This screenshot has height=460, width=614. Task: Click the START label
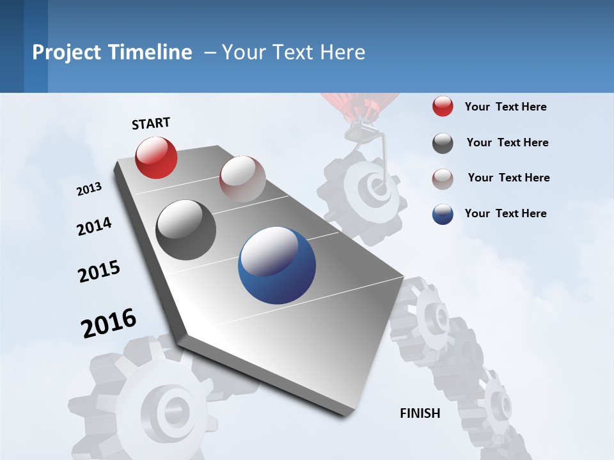[x=151, y=123]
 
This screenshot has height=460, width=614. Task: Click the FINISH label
[x=420, y=413]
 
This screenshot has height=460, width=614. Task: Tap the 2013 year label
[x=89, y=189]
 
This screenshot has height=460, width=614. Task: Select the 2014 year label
[x=94, y=227]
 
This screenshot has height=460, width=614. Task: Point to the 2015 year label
[x=99, y=272]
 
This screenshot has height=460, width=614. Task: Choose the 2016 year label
[x=109, y=323]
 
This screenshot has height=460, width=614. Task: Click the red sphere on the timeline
[x=156, y=157]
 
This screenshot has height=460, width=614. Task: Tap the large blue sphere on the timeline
[x=277, y=265]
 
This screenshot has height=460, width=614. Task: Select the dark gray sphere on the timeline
[x=186, y=230]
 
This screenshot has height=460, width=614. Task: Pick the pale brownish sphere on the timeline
[x=242, y=179]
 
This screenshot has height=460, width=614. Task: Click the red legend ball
[x=443, y=107]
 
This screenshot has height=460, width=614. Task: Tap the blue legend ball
[x=443, y=213]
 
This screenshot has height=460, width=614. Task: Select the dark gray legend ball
[x=443, y=143]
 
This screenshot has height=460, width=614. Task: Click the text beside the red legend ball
[x=505, y=107]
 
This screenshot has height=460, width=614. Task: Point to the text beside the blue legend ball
[x=505, y=213]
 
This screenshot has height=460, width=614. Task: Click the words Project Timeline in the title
[x=112, y=52]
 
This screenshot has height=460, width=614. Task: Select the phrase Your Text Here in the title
[x=294, y=52]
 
